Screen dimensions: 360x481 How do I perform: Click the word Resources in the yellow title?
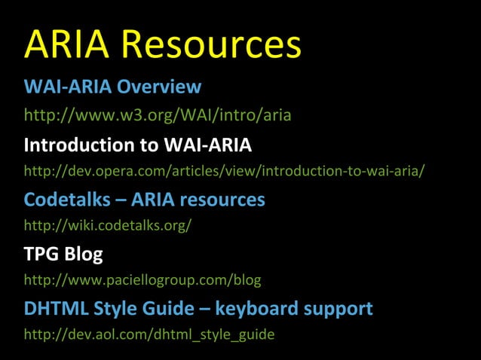pyautogui.click(x=211, y=44)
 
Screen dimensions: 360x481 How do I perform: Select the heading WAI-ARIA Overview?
pyautogui.click(x=112, y=87)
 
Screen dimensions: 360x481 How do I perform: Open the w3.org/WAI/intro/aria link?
pyautogui.click(x=158, y=116)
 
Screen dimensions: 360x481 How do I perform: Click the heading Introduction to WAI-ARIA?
pyautogui.click(x=138, y=145)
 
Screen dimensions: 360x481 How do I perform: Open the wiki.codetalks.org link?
pyautogui.click(x=108, y=226)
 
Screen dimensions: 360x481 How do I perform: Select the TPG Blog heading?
pyautogui.click(x=63, y=255)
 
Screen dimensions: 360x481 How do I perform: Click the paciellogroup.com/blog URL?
pyautogui.click(x=142, y=281)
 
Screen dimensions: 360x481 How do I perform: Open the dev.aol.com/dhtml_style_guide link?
pyautogui.click(x=149, y=335)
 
